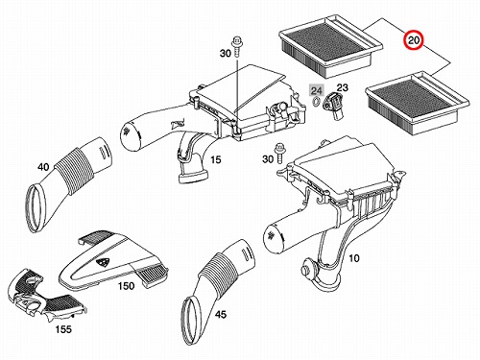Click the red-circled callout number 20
point(413,40)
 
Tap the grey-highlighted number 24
point(317,90)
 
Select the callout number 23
point(342,87)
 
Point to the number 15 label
point(216,159)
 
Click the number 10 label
point(353,258)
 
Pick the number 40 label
point(43,167)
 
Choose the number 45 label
point(221,315)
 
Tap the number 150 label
point(126,286)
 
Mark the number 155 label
point(63,329)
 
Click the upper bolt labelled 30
point(236,46)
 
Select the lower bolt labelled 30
point(278,154)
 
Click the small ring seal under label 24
point(315,101)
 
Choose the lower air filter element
point(418,105)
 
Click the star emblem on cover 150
point(103,262)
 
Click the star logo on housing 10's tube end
point(272,235)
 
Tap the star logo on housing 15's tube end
point(128,131)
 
